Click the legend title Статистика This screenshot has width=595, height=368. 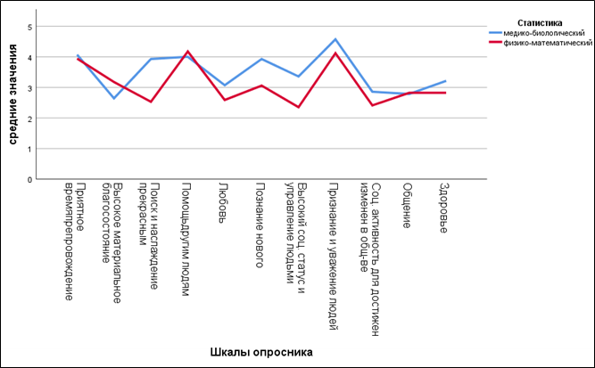[x=540, y=23]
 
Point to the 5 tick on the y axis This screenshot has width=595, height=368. [x=29, y=27]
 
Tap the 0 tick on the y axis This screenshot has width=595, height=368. [x=29, y=179]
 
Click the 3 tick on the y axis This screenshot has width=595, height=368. [x=29, y=88]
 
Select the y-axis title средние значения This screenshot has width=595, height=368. [x=12, y=94]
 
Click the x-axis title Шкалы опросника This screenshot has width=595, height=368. [x=261, y=352]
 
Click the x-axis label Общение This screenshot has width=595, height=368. [x=407, y=206]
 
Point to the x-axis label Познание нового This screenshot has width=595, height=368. [x=260, y=225]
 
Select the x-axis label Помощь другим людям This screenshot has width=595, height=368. [x=186, y=239]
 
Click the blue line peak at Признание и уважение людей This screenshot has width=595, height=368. [x=335, y=39]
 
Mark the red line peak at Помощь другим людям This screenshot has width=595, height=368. [x=188, y=51]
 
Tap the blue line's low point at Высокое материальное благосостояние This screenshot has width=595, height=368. [x=114, y=99]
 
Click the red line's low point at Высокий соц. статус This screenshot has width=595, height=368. [x=299, y=107]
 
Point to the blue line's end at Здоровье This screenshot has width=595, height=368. [x=445, y=81]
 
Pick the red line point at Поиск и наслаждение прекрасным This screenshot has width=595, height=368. [x=151, y=102]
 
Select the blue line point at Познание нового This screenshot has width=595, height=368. [x=261, y=59]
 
